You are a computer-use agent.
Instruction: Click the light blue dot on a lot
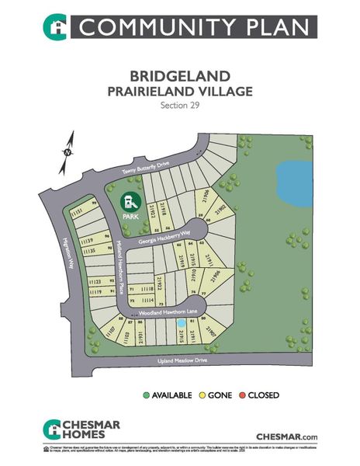pyautogui.click(x=181, y=322)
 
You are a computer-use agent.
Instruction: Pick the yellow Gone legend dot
pyautogui.click(x=203, y=395)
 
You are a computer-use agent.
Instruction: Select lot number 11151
pyautogui.click(x=77, y=211)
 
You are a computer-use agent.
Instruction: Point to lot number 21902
pyautogui.click(x=221, y=209)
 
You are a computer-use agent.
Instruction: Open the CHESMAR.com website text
pyautogui.click(x=287, y=437)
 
